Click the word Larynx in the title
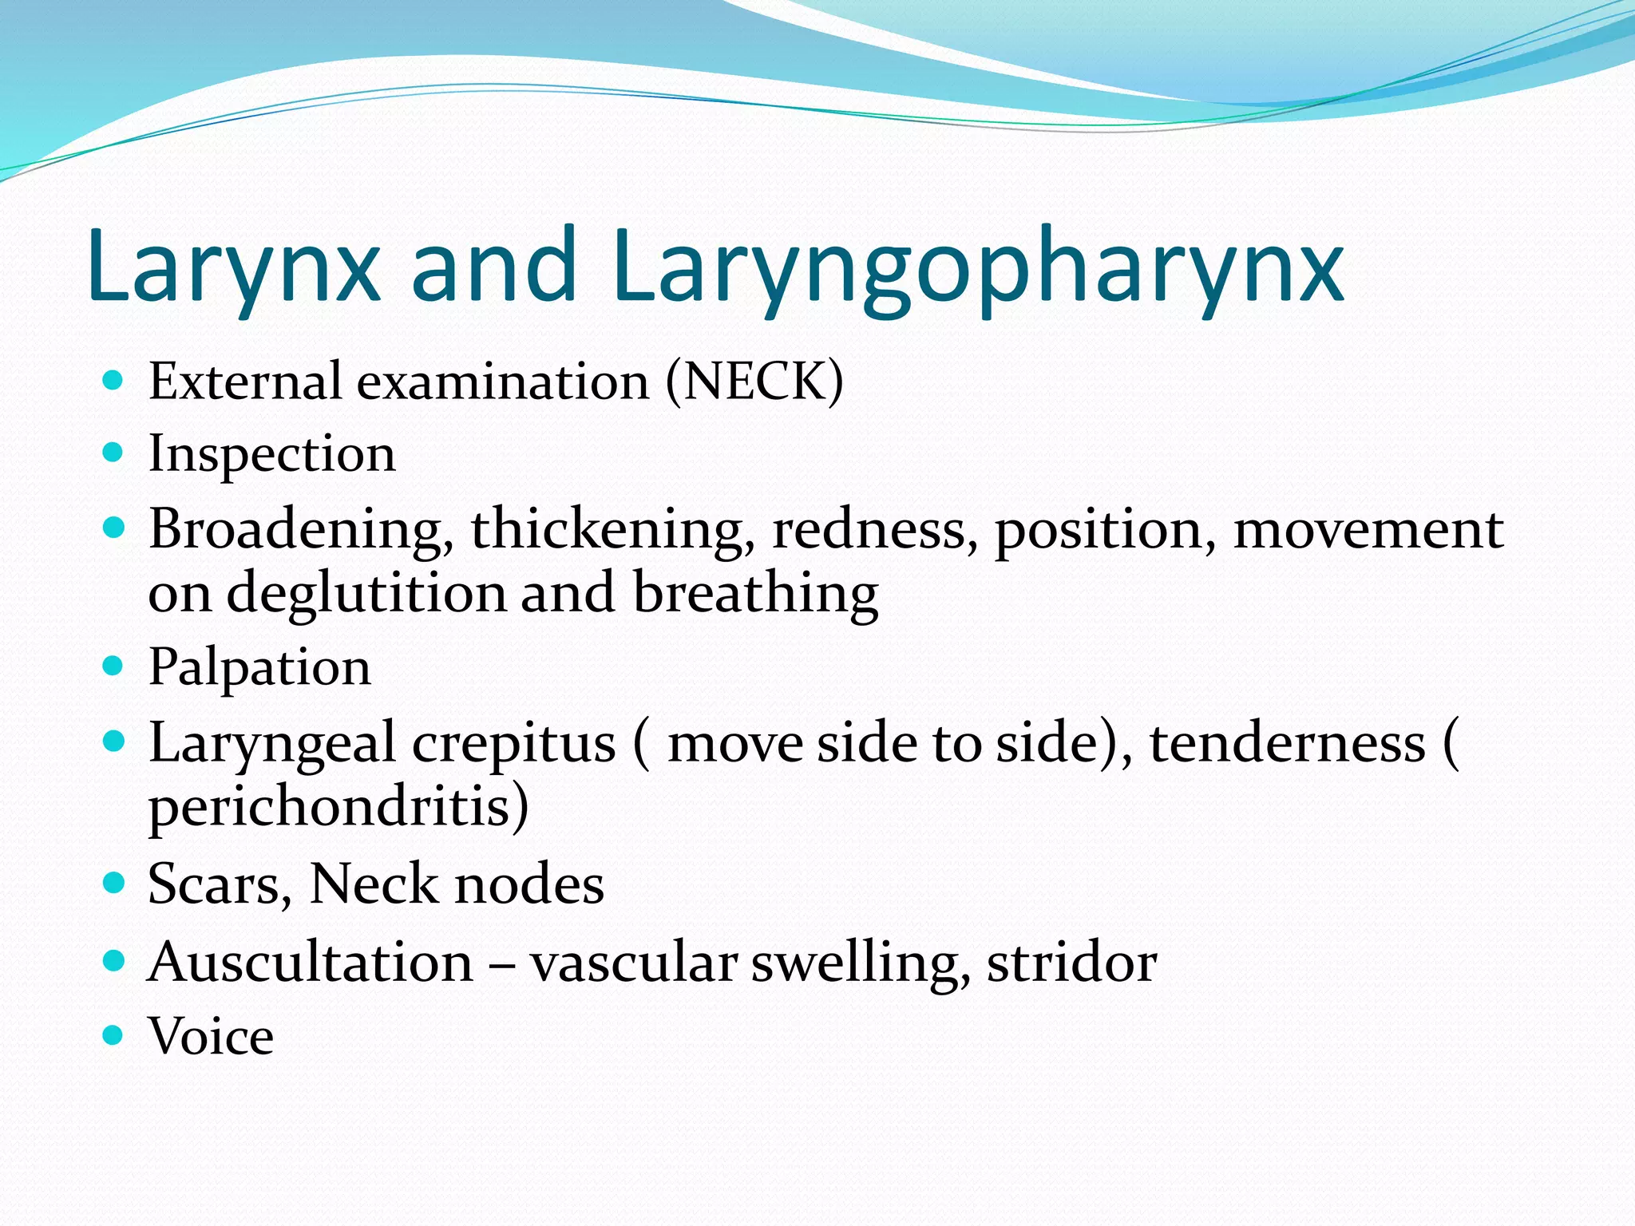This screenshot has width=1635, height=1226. [233, 265]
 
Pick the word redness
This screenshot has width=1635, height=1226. [873, 530]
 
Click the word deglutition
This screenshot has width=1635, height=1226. [366, 594]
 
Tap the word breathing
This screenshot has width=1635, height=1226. [755, 594]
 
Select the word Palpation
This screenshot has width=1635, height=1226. [259, 667]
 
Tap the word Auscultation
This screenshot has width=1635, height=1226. [311, 962]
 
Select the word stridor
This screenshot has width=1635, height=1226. [1071, 962]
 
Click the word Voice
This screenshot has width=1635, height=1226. [211, 1036]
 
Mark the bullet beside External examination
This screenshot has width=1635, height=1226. [114, 380]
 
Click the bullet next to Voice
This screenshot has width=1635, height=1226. [114, 1035]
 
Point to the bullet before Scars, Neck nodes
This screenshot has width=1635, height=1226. [114, 883]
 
